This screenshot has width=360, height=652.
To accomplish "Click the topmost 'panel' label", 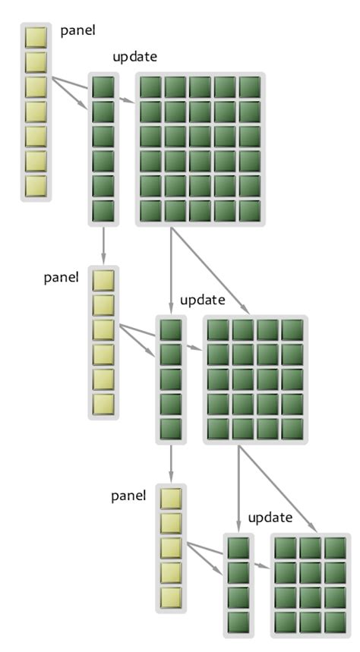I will tap(78, 31).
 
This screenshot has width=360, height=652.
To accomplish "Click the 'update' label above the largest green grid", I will tap(134, 57).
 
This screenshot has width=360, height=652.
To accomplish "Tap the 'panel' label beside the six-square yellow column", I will tap(62, 276).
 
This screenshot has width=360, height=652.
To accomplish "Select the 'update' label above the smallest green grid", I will tap(270, 518).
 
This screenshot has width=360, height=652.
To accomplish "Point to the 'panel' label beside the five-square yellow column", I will tap(128, 496).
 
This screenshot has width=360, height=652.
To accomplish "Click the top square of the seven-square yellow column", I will tap(36, 37).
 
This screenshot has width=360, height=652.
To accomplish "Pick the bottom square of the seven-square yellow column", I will tap(36, 185).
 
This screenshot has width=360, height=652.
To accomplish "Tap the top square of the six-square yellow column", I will tap(103, 280).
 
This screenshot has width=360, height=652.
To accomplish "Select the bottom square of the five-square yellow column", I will tap(171, 597).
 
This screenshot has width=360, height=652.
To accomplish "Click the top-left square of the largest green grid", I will tap(151, 87).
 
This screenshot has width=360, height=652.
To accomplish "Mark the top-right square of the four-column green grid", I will tap(292, 330).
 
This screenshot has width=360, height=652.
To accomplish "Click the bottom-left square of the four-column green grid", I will tap(219, 428).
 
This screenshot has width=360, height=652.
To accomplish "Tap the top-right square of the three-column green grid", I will tap(334, 548).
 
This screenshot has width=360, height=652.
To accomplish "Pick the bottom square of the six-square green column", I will tap(103, 210).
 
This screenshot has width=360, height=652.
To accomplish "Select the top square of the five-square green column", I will tap(171, 330).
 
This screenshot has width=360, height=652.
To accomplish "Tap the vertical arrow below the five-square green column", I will tap(171, 463).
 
